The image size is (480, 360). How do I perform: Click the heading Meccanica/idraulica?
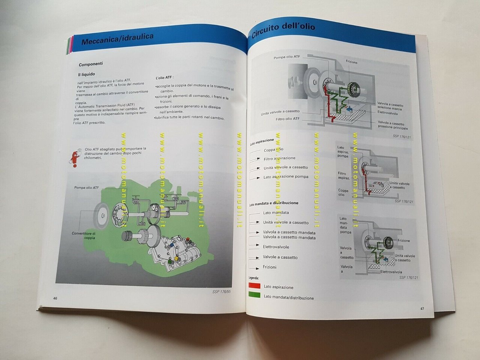pos(117,39)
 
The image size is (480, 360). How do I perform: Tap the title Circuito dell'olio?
pos(283,30)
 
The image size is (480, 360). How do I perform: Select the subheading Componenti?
pos(91,64)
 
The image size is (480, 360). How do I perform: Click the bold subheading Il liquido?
pos(87,74)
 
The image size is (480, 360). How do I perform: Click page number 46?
pos(55,298)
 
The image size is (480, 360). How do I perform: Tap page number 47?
pos(422,309)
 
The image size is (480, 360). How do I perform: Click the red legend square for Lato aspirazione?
pos(254,285)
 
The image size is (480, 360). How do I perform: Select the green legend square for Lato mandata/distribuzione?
pos(254,295)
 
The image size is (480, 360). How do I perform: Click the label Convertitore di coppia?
pos(84,235)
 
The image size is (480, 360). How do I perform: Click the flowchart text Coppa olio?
pos(273,150)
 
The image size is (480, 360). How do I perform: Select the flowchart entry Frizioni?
pos(270,267)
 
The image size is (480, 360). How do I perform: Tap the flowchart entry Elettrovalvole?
pos(276,247)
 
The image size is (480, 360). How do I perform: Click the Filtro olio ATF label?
pos(288,119)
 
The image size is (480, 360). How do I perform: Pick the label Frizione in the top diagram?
pos(351,62)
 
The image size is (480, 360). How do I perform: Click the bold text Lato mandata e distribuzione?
pos(274,203)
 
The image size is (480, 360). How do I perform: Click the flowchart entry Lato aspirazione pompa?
pos(286,177)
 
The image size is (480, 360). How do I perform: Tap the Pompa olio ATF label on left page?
pos(87,187)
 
